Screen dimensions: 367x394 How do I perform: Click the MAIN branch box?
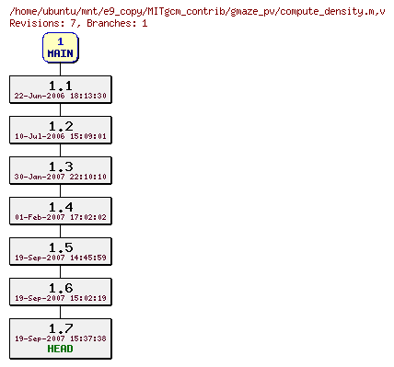[x=61, y=48]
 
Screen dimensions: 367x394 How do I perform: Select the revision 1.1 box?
[x=61, y=89]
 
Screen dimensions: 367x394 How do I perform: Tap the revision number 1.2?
[x=61, y=126]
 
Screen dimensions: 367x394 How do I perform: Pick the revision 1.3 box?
[x=61, y=170]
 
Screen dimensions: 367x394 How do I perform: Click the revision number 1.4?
[x=61, y=207]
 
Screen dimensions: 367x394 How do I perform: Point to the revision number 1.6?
[x=61, y=288]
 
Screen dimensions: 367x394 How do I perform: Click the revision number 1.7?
[x=61, y=327]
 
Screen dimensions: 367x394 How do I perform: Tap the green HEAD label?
[x=61, y=349]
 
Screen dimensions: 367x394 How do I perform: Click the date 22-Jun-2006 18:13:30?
[x=61, y=96]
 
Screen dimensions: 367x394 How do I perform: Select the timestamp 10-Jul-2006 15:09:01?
[x=61, y=136]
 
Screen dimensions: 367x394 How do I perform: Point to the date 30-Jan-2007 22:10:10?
[x=61, y=177]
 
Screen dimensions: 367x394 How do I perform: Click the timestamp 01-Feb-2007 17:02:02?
[x=61, y=217]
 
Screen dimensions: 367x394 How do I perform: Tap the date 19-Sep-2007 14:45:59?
[x=61, y=258]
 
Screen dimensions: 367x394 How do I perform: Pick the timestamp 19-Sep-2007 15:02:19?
[x=61, y=298]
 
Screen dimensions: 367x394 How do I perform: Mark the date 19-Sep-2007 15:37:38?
[x=61, y=338]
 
